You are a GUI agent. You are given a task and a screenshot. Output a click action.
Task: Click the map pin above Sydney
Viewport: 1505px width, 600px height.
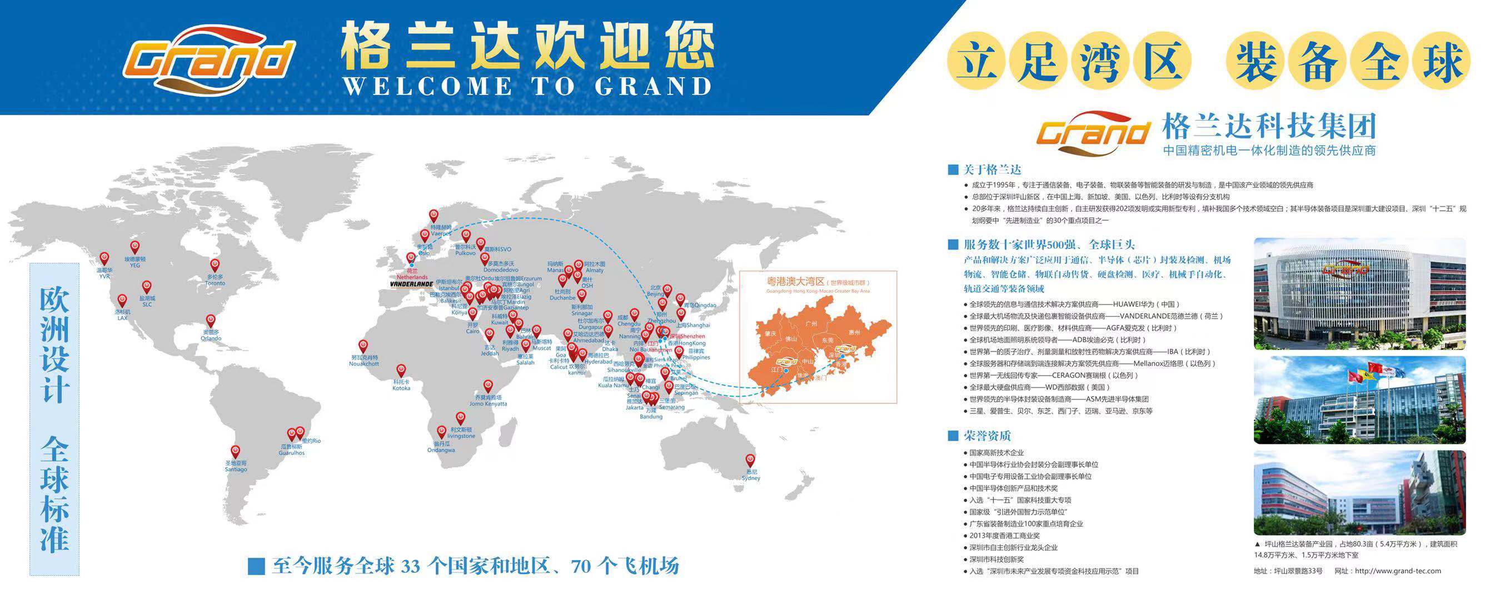[750, 461]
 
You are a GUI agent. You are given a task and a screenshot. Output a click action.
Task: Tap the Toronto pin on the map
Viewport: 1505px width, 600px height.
[215, 265]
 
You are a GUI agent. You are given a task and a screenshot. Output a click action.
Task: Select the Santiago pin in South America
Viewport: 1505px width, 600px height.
[236, 452]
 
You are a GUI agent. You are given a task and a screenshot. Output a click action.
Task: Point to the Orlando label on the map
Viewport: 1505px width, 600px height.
[211, 338]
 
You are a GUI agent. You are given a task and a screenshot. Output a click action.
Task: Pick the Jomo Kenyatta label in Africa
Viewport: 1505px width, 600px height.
[489, 404]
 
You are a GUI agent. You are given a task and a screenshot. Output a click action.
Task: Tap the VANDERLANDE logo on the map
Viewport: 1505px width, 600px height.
[411, 284]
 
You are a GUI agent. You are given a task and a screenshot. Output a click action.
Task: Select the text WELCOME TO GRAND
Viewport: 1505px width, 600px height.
[527, 87]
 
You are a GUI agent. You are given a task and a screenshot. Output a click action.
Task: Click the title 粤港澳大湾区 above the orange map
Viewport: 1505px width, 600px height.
[795, 282]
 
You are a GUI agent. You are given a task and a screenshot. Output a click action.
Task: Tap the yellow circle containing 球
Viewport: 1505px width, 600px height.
[1445, 61]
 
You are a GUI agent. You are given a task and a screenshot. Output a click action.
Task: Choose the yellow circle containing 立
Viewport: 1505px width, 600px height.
[975, 61]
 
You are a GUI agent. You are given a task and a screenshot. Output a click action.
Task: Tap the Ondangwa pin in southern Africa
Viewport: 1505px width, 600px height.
[441, 432]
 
